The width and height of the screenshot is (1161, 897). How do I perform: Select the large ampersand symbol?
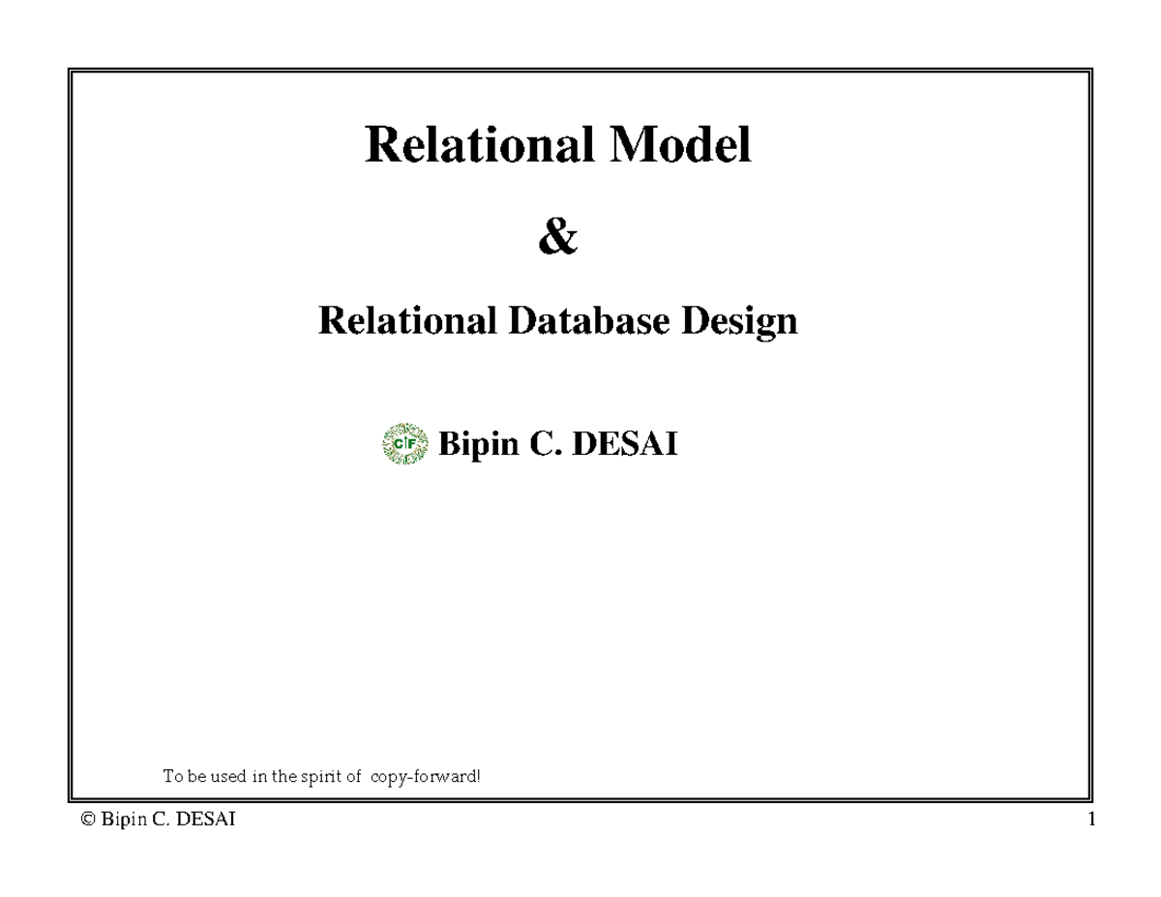tap(558, 238)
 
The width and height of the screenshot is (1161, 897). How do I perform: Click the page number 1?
tap(1091, 821)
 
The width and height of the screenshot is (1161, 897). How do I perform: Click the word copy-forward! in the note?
tap(425, 776)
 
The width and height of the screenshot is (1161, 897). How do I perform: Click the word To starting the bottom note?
tap(171, 776)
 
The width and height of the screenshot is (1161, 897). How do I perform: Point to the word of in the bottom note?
tap(351, 776)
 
